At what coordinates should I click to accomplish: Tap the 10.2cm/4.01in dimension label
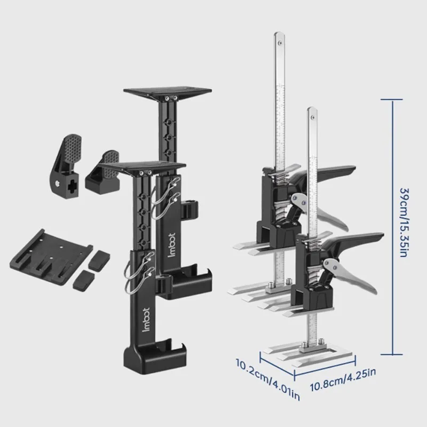point(268,379)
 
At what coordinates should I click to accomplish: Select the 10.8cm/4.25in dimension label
point(343,381)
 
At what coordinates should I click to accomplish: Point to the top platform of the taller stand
point(168,92)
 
